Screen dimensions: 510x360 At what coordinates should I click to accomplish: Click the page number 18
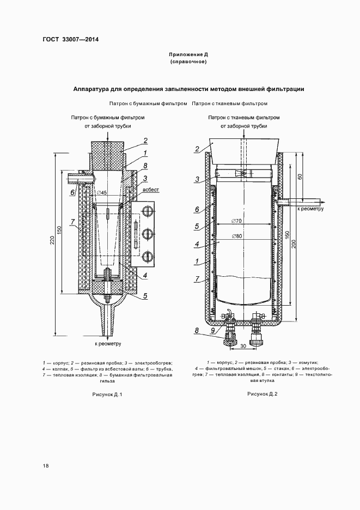45,466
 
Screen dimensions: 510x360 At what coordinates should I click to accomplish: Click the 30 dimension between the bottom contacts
243,347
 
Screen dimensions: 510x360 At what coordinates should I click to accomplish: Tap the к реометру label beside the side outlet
310,208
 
